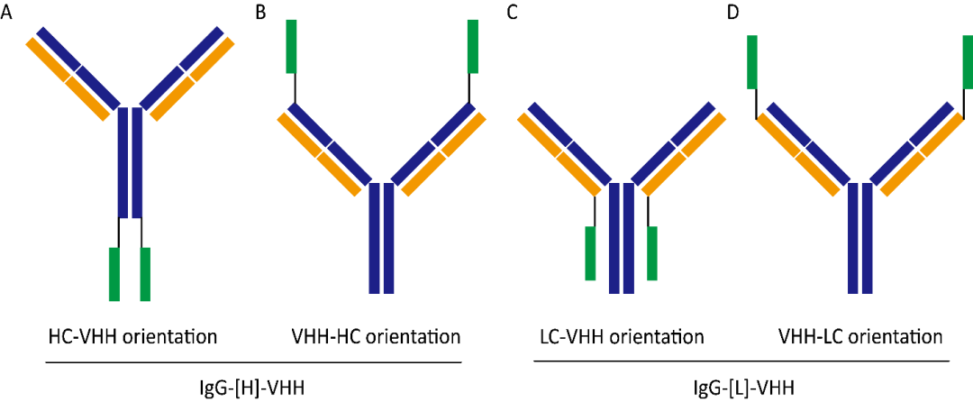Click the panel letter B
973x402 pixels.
coord(261,14)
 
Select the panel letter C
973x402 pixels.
coord(513,14)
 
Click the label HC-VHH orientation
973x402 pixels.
coord(132,338)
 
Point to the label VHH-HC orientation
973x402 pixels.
coord(376,338)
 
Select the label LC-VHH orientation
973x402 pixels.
coord(618,338)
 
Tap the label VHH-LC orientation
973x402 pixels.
coord(860,338)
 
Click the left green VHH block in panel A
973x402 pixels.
coord(114,273)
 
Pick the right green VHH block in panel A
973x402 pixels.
coord(145,273)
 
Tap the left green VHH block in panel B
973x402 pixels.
coord(292,46)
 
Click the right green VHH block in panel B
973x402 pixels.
coord(473,46)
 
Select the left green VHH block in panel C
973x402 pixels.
coord(590,252)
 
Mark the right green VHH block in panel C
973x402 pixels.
coord(652,252)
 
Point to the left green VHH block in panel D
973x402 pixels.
coord(752,62)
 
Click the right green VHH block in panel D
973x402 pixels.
coord(968,62)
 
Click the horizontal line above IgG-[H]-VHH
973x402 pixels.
coord(254,363)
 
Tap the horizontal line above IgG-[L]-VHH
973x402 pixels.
coord(741,363)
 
